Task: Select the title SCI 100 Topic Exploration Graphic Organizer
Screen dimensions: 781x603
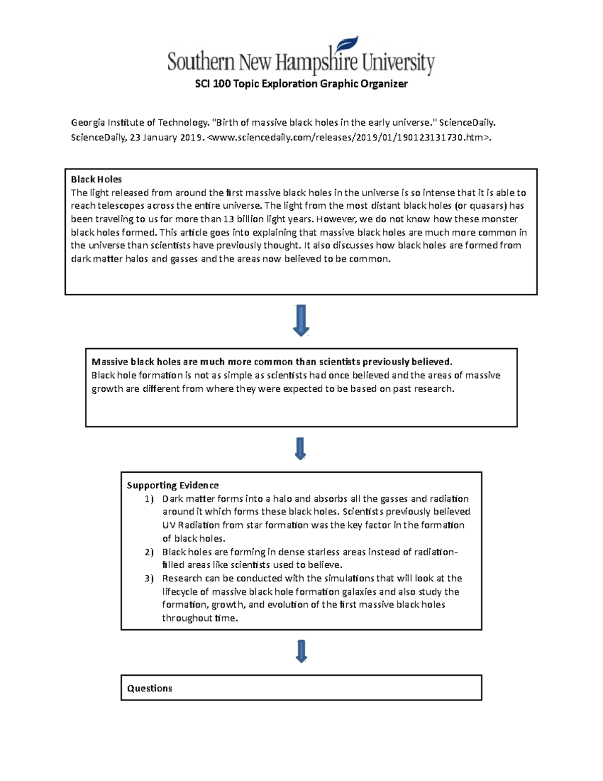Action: (301, 84)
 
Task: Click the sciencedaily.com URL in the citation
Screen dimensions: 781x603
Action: (348, 138)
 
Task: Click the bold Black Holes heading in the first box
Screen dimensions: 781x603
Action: (96, 180)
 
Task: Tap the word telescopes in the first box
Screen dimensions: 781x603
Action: (120, 206)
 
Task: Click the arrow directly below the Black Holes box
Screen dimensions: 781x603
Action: (300, 320)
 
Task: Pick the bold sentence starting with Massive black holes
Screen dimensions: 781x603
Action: (272, 362)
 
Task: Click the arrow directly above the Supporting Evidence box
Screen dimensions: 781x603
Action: (300, 449)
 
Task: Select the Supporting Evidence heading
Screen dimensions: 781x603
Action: (172, 485)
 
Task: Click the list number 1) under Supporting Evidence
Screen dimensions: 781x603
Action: (149, 499)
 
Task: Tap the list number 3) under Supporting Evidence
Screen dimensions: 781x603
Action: (149, 578)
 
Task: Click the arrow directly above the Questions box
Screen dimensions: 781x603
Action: (301, 651)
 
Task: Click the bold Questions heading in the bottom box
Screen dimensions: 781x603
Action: (149, 688)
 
